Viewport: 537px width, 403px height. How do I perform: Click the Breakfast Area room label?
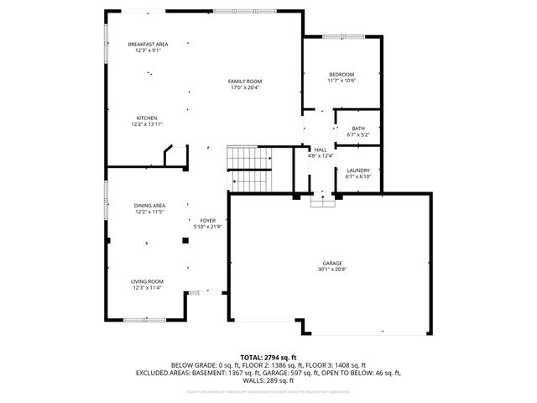tap(148, 44)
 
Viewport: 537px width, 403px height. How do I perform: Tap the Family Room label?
tap(245, 81)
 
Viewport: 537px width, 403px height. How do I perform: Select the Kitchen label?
tap(147, 118)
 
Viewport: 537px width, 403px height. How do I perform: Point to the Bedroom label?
tap(341, 75)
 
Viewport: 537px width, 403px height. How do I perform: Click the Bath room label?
tap(357, 128)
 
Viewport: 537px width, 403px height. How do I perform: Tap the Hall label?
tap(321, 149)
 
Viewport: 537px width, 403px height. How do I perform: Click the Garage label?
tap(330, 263)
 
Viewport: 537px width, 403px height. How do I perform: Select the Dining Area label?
tap(149, 206)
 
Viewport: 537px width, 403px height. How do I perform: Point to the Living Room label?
tap(147, 281)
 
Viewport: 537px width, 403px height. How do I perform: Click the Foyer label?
tap(207, 220)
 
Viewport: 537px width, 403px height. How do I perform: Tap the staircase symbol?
tap(251, 167)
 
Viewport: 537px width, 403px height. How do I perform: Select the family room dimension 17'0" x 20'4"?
tap(245, 87)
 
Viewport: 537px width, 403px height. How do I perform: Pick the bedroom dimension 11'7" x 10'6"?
tap(341, 81)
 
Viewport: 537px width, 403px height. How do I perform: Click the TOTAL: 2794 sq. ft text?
tap(268, 357)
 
